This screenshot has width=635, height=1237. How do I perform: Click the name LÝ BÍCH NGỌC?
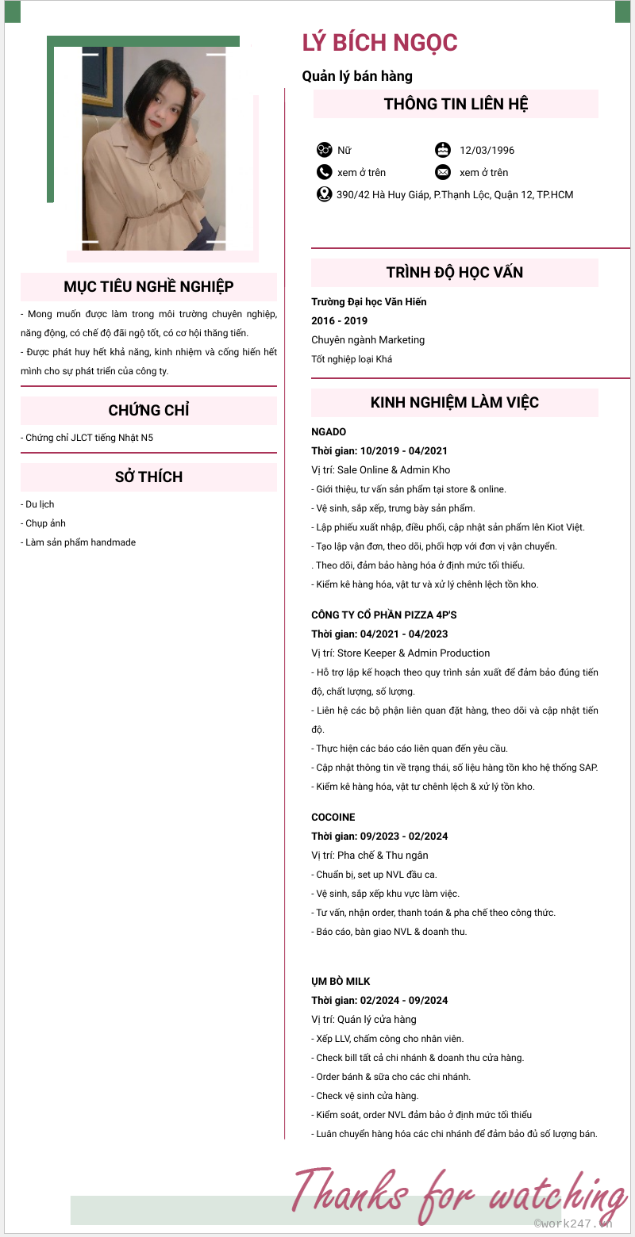coord(379,43)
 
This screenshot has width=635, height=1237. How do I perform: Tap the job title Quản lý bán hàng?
coord(357,76)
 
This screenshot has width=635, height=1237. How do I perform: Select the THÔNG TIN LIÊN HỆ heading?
coord(456,104)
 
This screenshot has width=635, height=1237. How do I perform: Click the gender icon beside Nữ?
coord(324,150)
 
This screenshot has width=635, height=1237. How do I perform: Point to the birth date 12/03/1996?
coord(487,150)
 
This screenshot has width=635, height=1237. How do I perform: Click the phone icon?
coord(324,172)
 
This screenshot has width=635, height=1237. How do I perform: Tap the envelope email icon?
coord(443,172)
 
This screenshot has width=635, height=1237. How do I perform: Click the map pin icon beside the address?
coord(324,194)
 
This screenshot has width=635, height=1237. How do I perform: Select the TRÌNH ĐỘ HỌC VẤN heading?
coord(455,272)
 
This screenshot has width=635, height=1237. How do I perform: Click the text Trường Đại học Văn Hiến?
coord(369,302)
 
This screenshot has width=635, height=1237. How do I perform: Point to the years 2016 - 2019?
coord(339,321)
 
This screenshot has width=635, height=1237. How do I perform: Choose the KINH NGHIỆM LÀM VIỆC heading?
coord(455,402)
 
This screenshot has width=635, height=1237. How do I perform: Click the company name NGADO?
coord(329,432)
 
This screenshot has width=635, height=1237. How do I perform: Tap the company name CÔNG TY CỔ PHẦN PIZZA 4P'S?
coord(384,615)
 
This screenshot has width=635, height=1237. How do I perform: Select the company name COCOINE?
coord(333,818)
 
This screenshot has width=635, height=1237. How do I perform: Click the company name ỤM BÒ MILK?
coord(341,982)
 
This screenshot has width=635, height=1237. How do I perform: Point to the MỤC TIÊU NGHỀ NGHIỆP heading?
coord(148,286)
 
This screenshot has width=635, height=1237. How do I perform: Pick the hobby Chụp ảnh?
coord(45,523)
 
